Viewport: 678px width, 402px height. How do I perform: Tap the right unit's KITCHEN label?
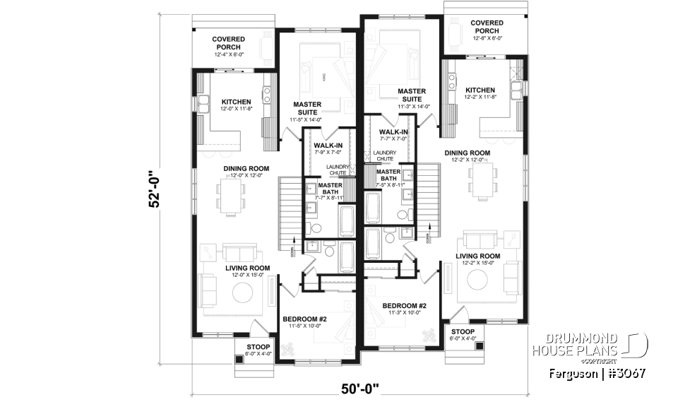point(480,90)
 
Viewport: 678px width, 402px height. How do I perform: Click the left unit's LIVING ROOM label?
point(247,268)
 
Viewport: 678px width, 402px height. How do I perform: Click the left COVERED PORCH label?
point(230,43)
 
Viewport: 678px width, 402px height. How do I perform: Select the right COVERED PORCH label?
point(487,27)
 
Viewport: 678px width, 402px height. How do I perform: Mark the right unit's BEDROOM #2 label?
point(404,307)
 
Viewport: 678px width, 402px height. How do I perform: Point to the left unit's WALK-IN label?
point(328,145)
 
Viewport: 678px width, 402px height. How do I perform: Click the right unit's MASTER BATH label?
point(389,175)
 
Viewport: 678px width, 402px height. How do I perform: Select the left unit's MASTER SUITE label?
point(307,109)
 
